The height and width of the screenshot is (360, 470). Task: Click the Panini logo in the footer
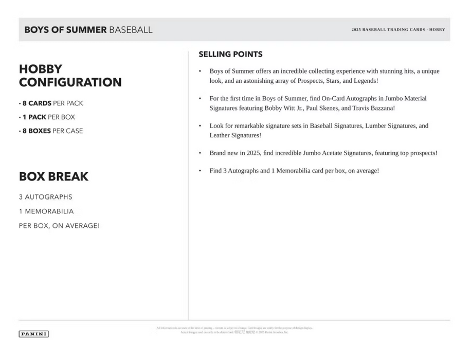[x=33, y=334]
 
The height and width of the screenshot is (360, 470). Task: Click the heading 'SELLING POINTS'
[x=230, y=54]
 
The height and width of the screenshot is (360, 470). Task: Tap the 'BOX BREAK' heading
[x=53, y=176]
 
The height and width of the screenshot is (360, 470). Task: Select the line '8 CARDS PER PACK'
[x=52, y=103]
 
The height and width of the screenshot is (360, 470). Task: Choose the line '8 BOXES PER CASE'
[x=52, y=131]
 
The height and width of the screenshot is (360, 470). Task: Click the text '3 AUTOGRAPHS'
[x=45, y=197]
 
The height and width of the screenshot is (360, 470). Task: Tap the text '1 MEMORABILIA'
[x=46, y=211]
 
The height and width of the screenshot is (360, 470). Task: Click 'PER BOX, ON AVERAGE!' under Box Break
[x=59, y=226]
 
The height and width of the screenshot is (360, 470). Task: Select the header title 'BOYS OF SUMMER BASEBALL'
[x=88, y=30]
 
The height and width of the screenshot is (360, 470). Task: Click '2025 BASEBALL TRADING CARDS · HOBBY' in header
[x=398, y=30]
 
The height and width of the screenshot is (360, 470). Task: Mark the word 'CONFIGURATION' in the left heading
[x=70, y=82]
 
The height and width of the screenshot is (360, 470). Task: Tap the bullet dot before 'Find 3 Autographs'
[x=200, y=171]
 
